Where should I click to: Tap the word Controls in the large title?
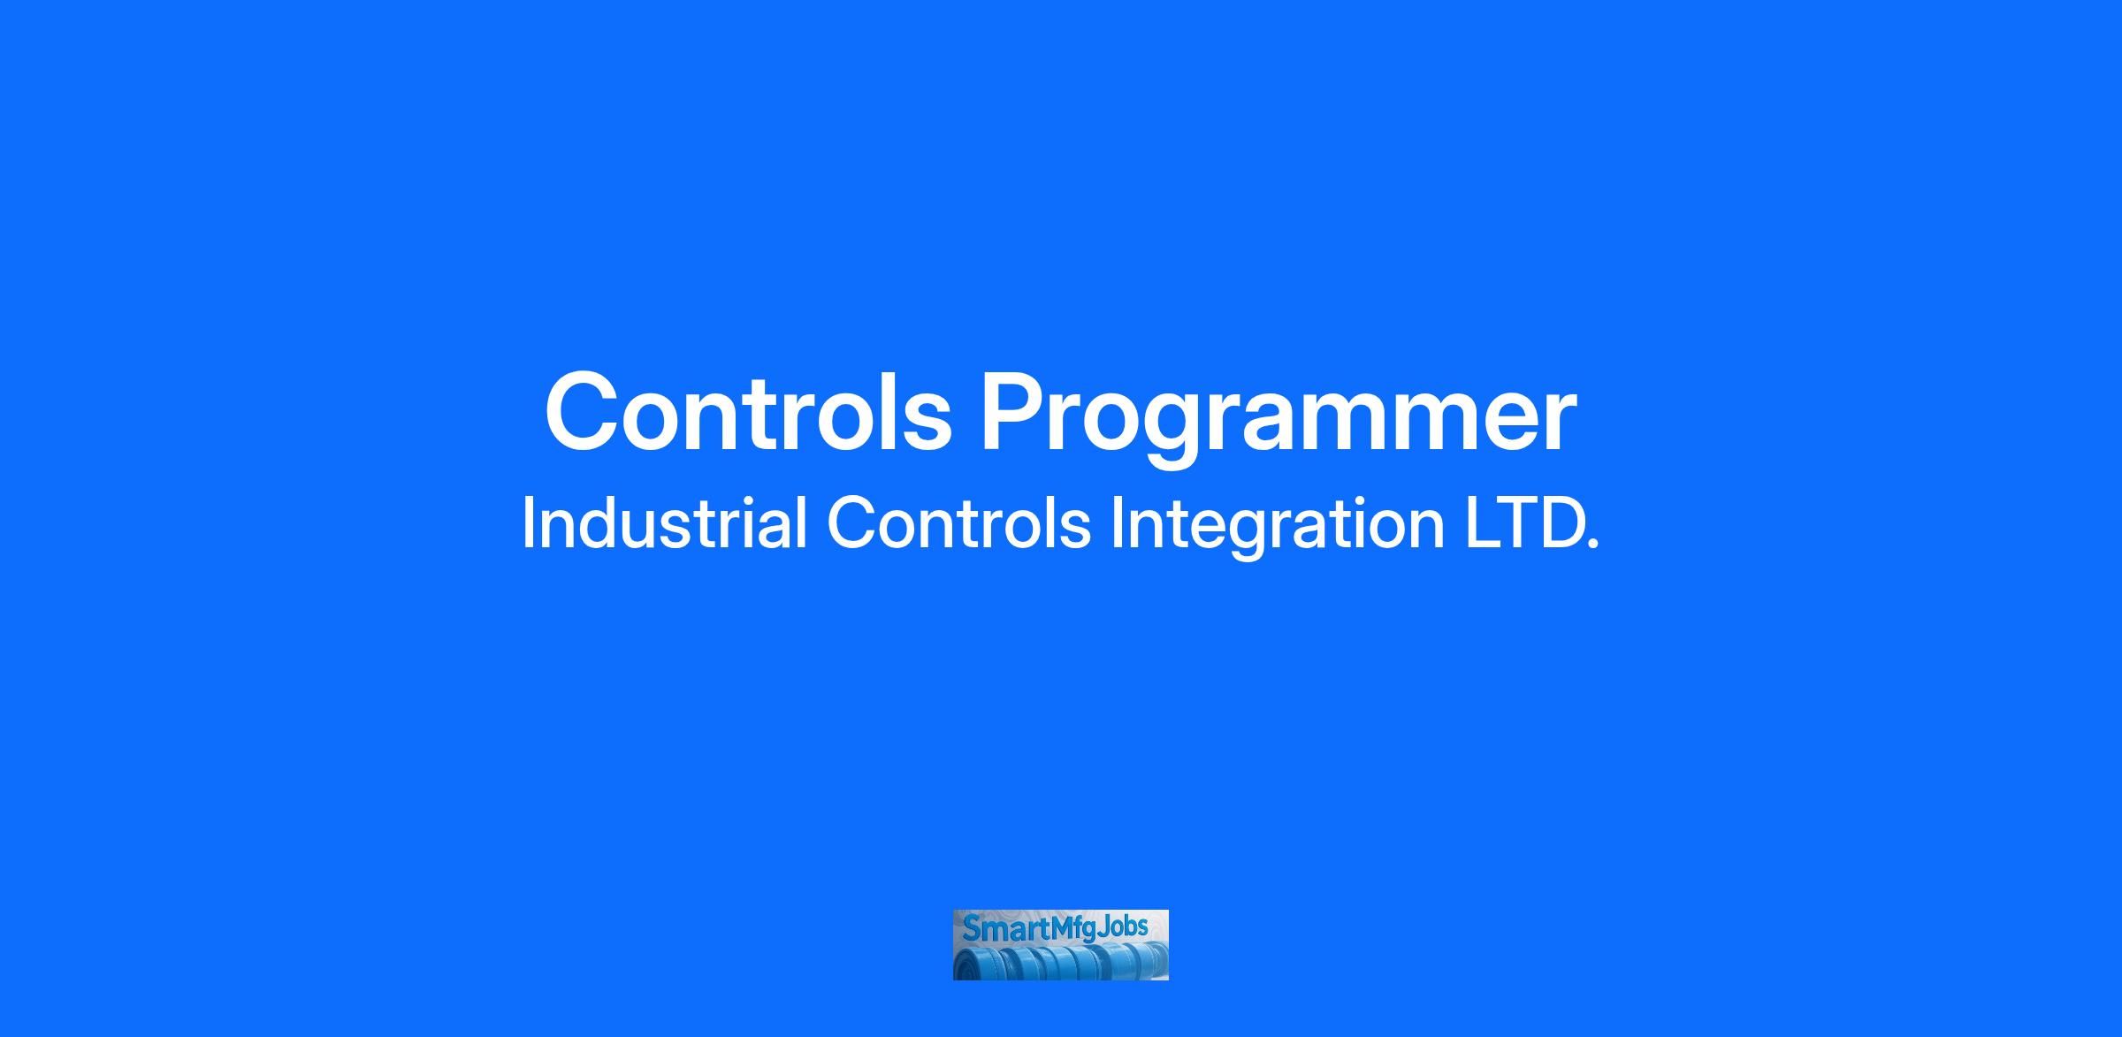tap(748, 412)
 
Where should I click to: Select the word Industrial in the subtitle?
tap(664, 523)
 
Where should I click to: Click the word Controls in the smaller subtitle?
tap(958, 523)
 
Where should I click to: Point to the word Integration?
tap(1277, 527)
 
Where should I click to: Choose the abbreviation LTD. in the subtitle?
tap(1531, 523)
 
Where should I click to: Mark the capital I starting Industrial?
tap(528, 523)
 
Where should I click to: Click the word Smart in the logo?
tap(1006, 928)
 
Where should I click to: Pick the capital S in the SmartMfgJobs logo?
tap(971, 929)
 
